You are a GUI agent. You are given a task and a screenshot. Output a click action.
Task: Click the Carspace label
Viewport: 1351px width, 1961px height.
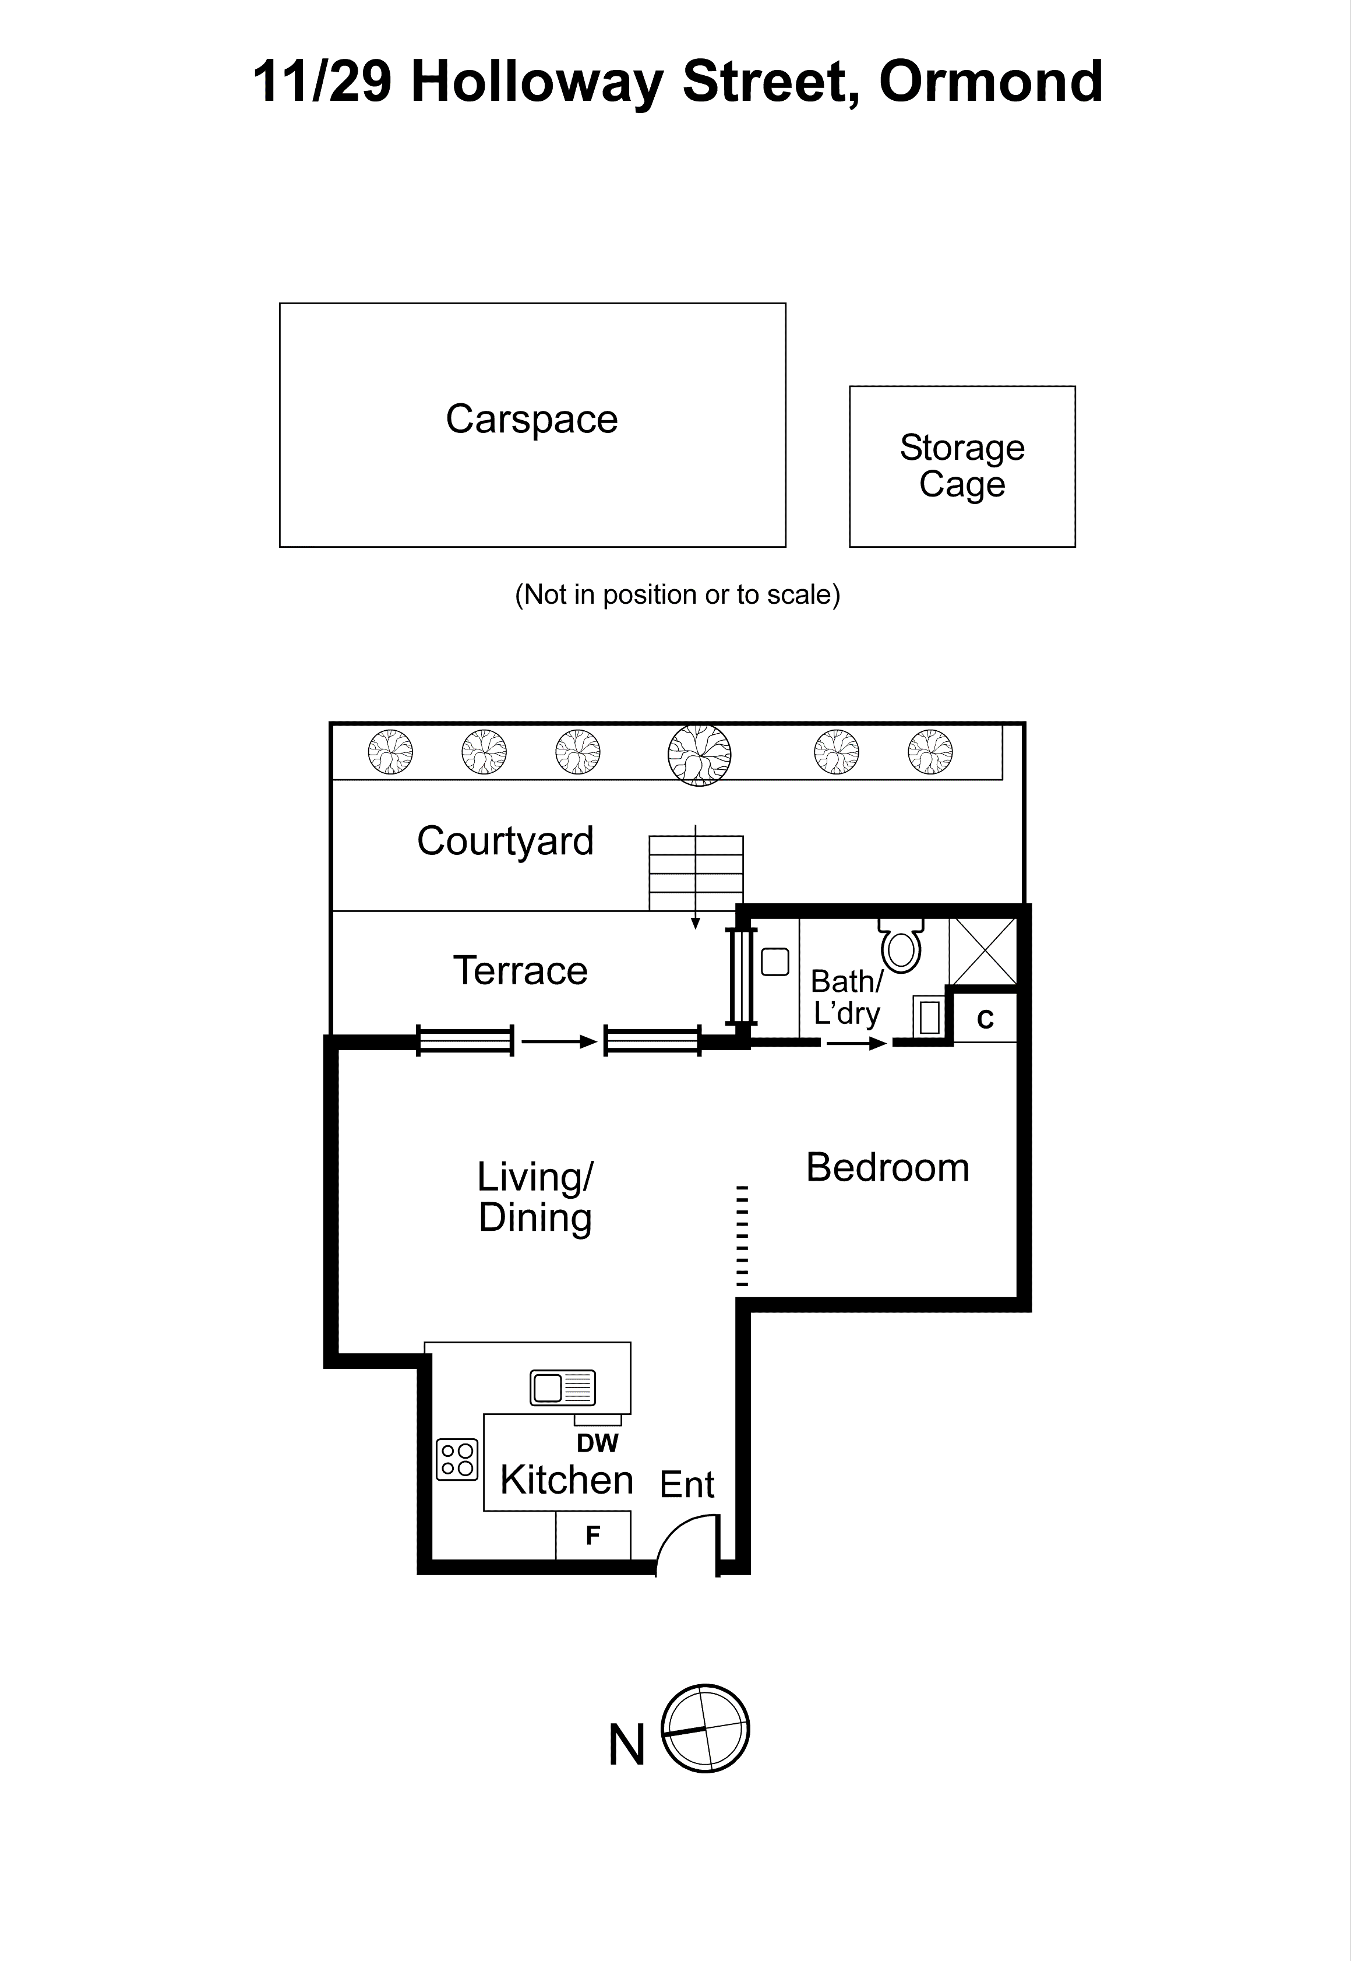coord(531,419)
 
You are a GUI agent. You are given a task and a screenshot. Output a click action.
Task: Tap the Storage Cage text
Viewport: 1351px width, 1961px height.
coord(962,466)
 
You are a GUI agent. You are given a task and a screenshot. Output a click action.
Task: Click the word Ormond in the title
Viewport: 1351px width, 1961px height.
coord(990,82)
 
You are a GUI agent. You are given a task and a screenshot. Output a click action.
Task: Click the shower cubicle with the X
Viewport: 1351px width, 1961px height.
coord(983,952)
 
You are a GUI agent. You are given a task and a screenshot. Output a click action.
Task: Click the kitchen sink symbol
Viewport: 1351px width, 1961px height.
coord(563,1388)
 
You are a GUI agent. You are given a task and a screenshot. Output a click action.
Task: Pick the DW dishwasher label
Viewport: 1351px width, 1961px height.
coord(598,1443)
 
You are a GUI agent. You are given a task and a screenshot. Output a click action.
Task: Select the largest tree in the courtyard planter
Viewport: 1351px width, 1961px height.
coord(699,755)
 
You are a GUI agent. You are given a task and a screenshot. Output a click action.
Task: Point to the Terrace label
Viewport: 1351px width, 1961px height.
coord(520,970)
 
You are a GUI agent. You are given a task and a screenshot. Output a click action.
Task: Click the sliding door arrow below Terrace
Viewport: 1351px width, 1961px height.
coord(559,1043)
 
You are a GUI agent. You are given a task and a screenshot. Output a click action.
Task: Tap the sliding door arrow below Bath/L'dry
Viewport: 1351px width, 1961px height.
coord(856,1043)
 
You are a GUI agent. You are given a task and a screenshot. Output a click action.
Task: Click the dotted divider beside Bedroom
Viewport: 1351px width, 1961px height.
coord(742,1235)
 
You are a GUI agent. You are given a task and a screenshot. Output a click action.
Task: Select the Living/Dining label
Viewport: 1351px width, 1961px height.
coord(535,1196)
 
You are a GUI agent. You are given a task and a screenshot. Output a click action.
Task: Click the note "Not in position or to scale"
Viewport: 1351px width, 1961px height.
coord(677,594)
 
